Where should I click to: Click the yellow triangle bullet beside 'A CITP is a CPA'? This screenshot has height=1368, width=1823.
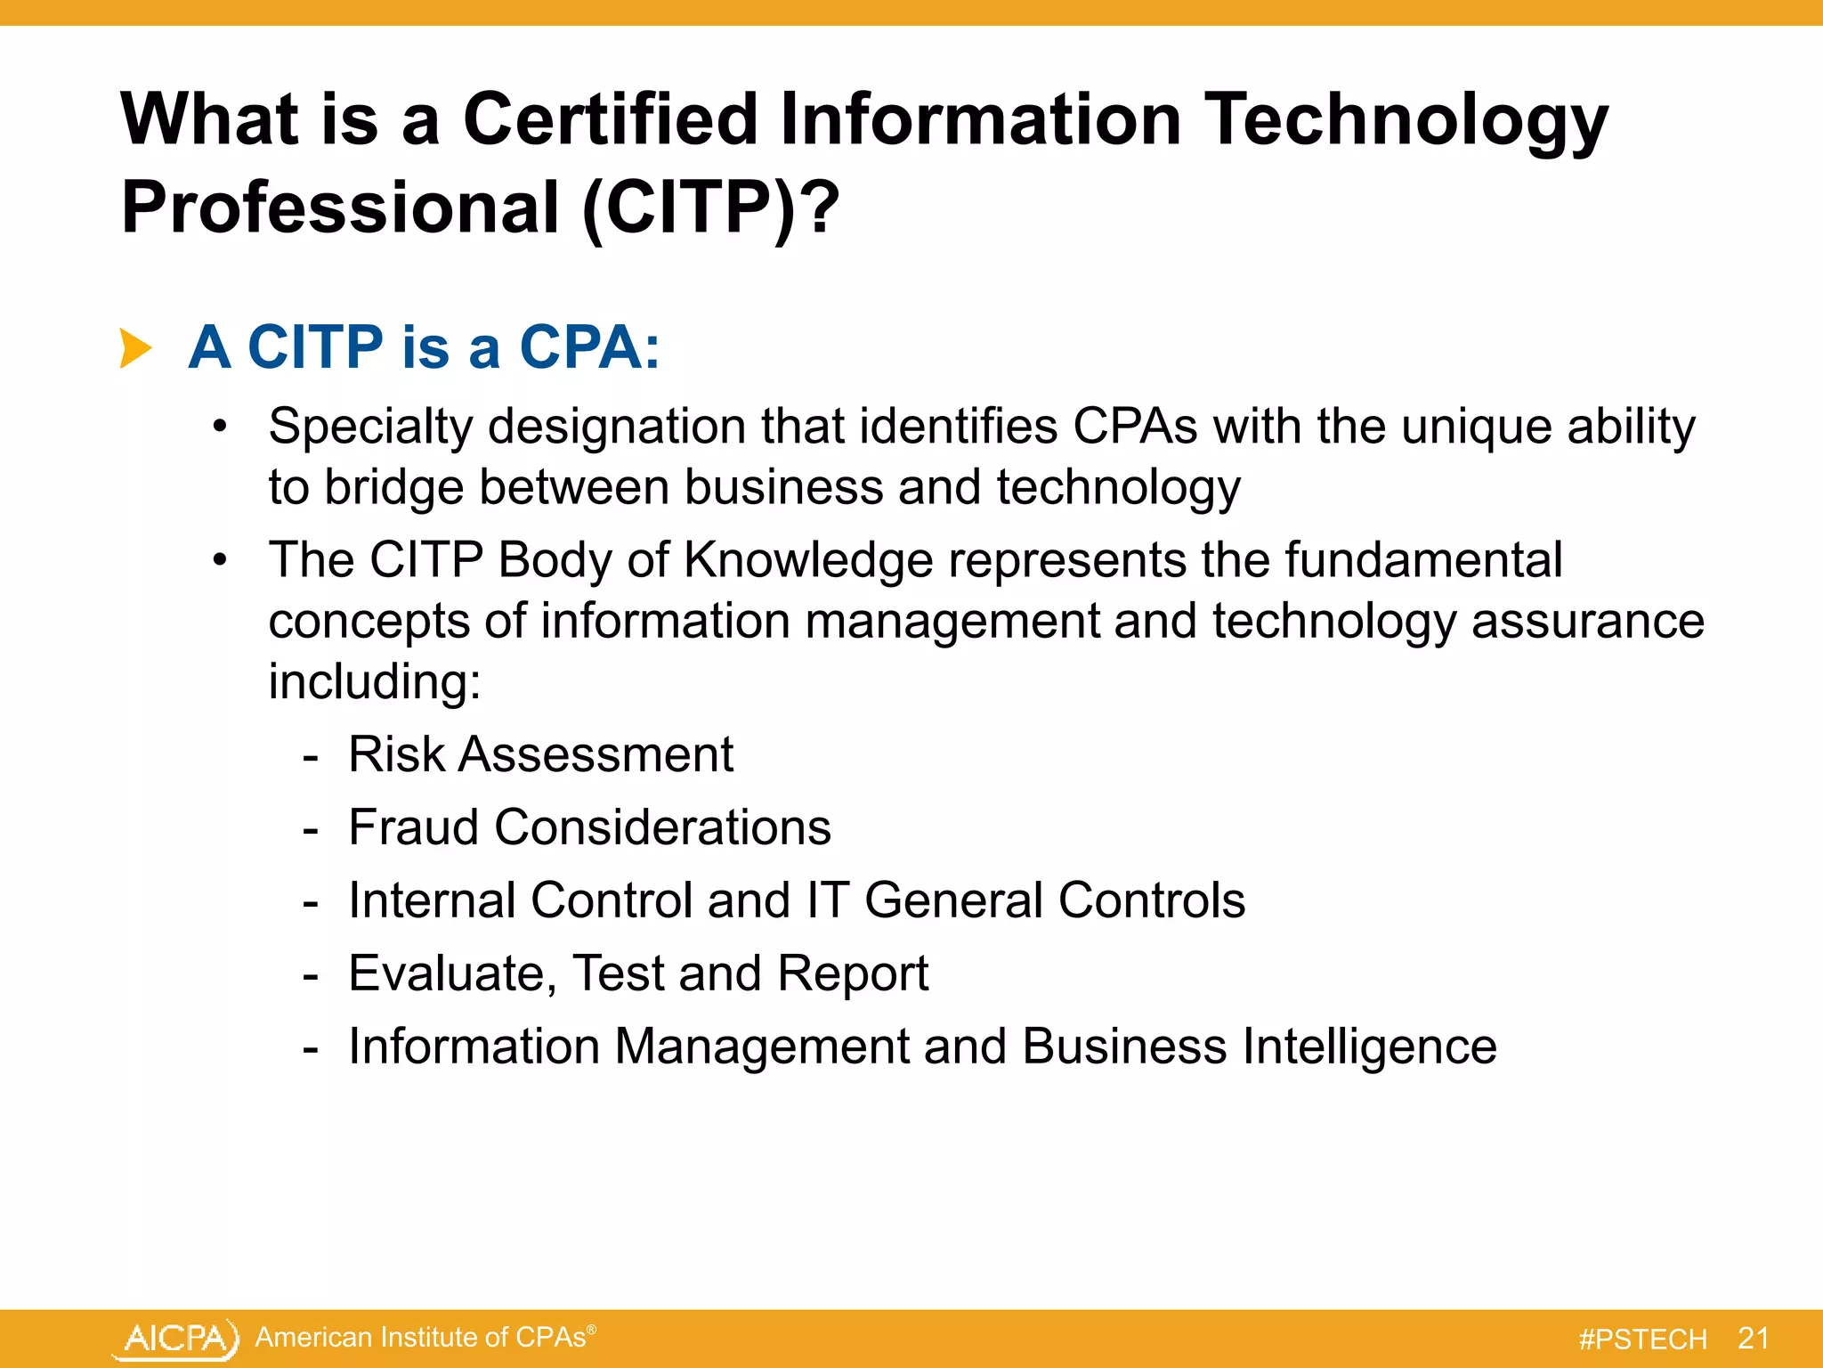point(136,347)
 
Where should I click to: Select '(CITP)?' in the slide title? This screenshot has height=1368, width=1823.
point(710,207)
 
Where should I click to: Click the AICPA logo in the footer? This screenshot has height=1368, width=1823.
point(176,1339)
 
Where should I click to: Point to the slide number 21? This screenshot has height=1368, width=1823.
point(1753,1338)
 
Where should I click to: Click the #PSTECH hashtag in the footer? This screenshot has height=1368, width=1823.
point(1642,1339)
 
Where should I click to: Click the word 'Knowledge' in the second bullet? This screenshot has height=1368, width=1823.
point(808,560)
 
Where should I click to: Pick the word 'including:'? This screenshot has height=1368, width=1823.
point(375,682)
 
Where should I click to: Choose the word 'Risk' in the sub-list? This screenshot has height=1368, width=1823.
point(396,754)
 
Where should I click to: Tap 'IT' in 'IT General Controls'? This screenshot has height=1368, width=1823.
point(827,900)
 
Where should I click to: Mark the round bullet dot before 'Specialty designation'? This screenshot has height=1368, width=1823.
point(221,427)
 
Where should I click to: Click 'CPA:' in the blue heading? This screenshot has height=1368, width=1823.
point(589,346)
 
